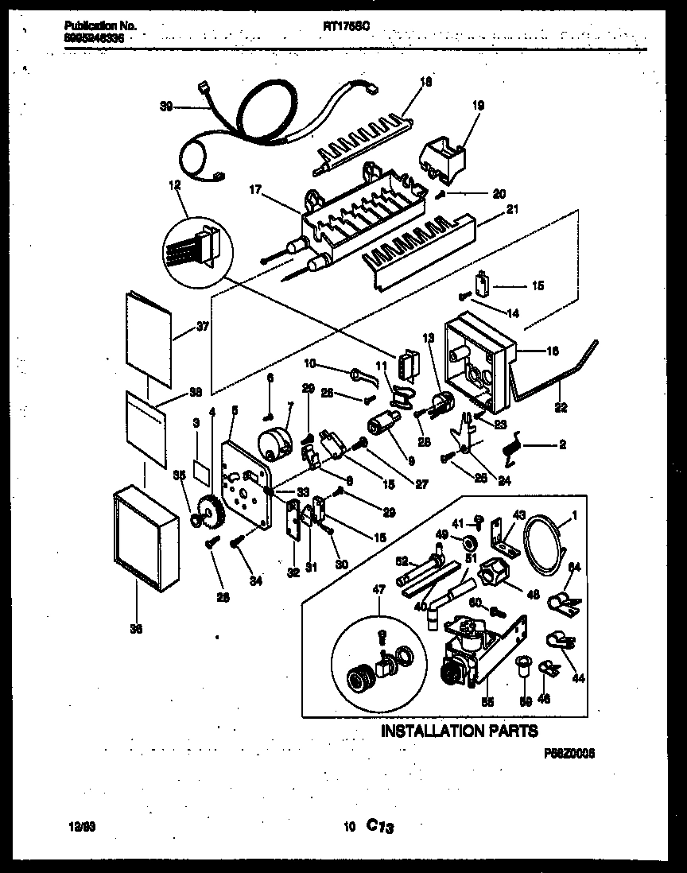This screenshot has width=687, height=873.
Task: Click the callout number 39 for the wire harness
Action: (x=167, y=105)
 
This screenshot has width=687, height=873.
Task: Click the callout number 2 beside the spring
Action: (x=562, y=445)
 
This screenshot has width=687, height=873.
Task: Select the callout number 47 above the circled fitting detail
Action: (x=378, y=589)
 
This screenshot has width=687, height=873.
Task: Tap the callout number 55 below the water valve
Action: (x=487, y=703)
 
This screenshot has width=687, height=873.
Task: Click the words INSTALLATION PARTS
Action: (x=460, y=731)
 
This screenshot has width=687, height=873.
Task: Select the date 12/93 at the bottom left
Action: (x=72, y=827)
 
